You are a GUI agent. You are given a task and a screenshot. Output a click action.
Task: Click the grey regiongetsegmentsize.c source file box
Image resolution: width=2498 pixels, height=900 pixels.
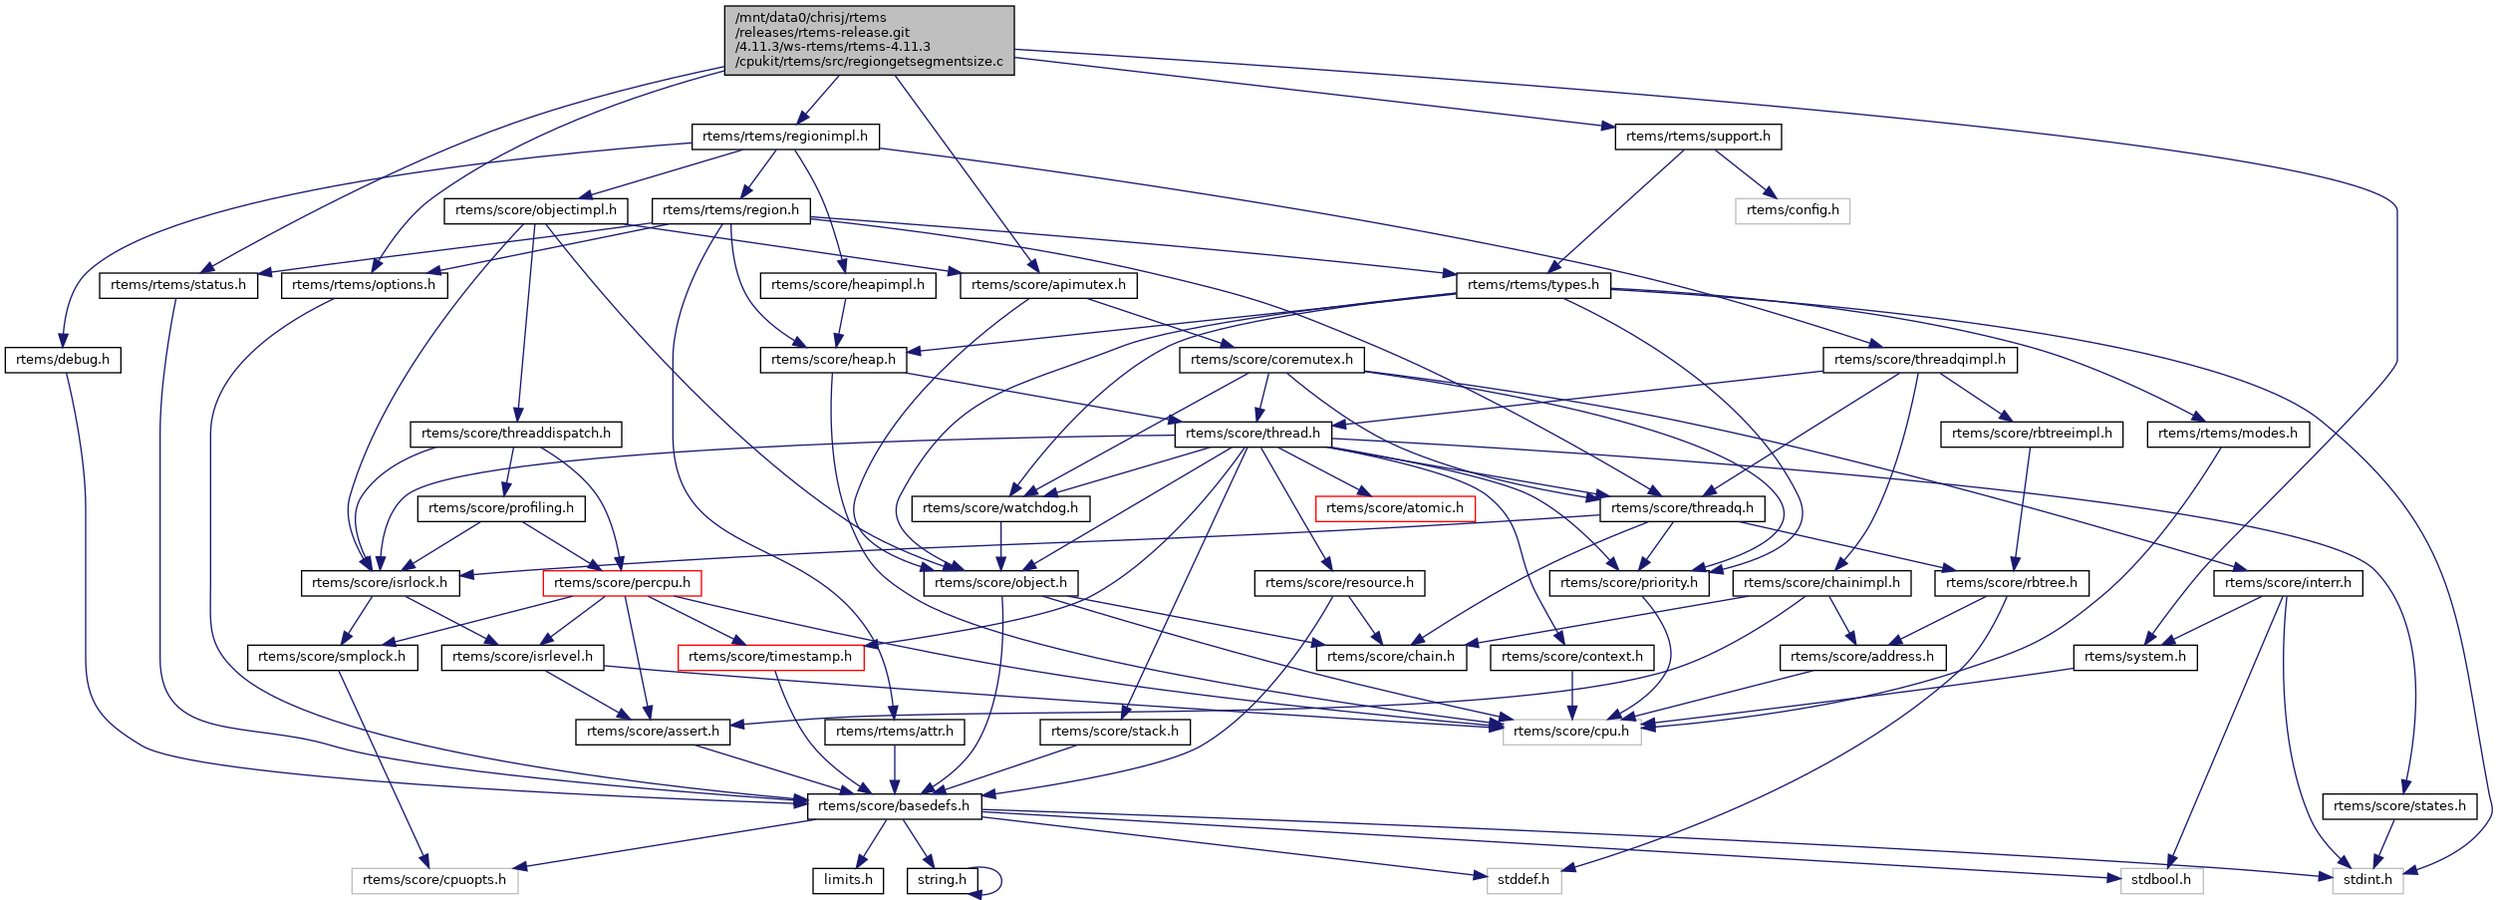(x=869, y=40)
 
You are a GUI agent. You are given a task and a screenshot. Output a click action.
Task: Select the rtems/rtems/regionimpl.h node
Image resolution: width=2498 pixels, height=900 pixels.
(x=785, y=137)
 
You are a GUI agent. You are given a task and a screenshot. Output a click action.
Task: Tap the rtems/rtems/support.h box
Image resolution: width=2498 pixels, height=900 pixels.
(x=1698, y=137)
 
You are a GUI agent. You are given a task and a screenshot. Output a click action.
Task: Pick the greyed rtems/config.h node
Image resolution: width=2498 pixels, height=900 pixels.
(x=1793, y=210)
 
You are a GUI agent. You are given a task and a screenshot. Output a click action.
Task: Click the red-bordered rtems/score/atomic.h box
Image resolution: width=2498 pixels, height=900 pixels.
(x=1395, y=508)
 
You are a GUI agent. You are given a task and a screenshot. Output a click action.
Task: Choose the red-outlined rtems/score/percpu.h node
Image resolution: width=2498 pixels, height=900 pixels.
(x=622, y=583)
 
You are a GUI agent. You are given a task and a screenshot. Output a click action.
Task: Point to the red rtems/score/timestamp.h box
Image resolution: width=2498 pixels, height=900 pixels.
(x=770, y=657)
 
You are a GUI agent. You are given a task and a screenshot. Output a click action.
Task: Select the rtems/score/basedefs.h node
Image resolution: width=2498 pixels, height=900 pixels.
(x=894, y=806)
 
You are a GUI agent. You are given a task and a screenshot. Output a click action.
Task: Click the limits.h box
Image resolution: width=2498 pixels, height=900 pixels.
(x=848, y=880)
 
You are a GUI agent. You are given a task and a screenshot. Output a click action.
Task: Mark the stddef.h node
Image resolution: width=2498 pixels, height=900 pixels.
(x=1524, y=880)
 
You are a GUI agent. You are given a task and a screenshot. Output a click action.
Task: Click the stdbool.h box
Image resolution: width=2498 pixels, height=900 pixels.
(x=2161, y=880)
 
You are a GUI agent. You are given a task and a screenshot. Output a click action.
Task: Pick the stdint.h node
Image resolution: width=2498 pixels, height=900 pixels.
(x=2367, y=880)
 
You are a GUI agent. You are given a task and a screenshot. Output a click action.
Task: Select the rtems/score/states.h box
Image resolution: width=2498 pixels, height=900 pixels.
(x=2399, y=806)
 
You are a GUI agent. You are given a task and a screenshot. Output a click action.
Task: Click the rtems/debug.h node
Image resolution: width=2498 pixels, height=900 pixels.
(x=63, y=360)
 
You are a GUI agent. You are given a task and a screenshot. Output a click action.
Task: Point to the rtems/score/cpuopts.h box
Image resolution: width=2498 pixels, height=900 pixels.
(x=434, y=880)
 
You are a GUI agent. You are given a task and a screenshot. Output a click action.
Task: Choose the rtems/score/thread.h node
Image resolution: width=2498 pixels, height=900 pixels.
(x=1252, y=434)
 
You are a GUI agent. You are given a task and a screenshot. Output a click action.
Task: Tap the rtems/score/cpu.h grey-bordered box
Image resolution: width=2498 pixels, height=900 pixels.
(x=1571, y=732)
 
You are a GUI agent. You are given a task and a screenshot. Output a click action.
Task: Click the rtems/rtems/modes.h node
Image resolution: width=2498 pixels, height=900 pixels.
(x=2228, y=434)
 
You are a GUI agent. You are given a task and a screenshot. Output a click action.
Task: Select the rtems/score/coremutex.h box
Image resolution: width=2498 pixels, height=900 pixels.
(x=1271, y=360)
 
